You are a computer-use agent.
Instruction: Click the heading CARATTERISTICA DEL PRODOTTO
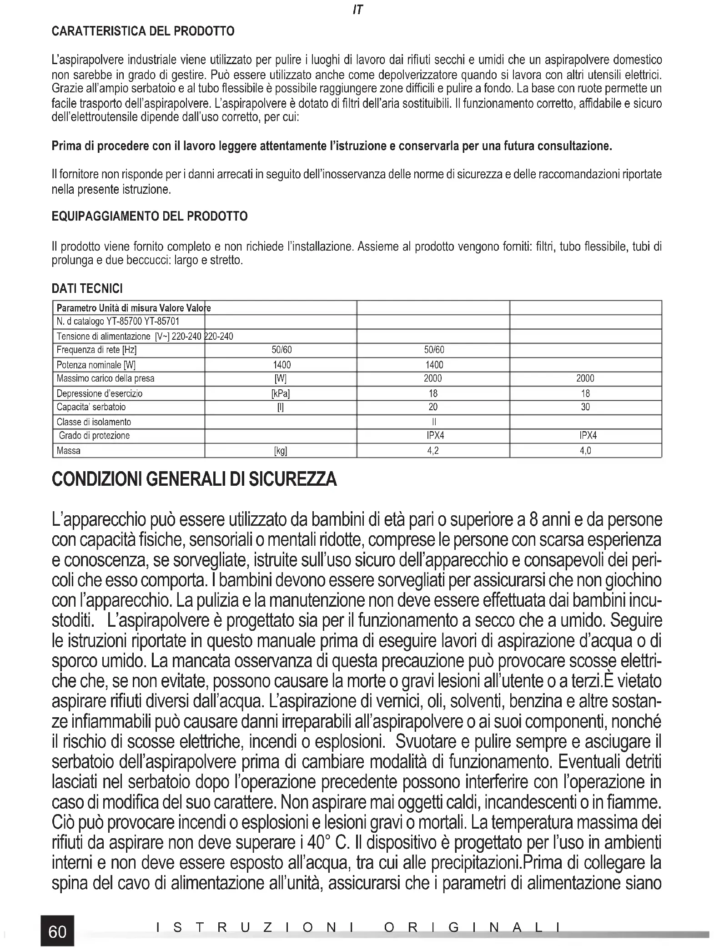(x=143, y=31)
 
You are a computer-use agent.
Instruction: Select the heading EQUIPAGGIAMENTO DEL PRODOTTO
(x=150, y=216)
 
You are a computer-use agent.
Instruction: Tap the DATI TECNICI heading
(x=87, y=288)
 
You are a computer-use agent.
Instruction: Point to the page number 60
(x=57, y=931)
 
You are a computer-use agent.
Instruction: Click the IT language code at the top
(x=357, y=10)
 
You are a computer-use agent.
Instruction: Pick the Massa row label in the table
(x=69, y=451)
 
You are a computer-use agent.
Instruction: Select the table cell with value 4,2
(x=433, y=451)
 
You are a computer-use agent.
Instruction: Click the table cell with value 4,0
(x=585, y=451)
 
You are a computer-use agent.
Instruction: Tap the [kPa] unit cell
(x=281, y=393)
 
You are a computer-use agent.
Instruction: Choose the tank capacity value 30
(x=585, y=407)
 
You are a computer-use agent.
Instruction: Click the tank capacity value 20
(x=433, y=407)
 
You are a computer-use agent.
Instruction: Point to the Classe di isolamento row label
(x=94, y=422)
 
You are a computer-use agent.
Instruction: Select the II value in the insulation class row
(x=433, y=422)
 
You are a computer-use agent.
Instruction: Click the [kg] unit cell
(x=281, y=451)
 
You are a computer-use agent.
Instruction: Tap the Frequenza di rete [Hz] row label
(x=96, y=350)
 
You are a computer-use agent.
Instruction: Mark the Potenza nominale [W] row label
(x=96, y=365)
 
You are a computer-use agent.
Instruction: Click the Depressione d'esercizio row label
(x=99, y=393)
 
